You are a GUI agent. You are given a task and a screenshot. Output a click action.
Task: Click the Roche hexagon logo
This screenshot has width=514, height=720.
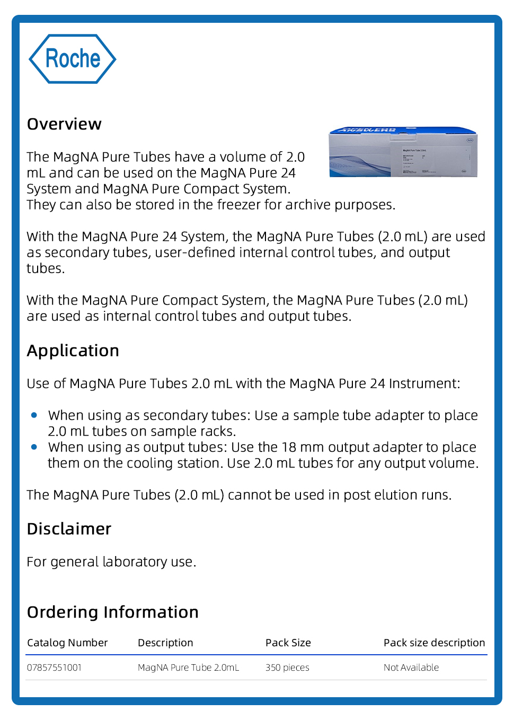72,59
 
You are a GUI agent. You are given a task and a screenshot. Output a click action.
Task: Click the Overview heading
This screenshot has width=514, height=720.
64,124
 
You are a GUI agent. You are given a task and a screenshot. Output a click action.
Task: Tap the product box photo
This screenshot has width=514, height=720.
403,152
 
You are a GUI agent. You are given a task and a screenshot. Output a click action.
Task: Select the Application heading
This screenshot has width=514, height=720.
73,351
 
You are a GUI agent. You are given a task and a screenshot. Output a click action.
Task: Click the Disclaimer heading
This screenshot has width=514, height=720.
69,529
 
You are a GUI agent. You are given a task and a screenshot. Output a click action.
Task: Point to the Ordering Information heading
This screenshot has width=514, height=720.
113,612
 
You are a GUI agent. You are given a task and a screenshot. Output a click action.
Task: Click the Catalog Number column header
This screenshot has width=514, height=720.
67,643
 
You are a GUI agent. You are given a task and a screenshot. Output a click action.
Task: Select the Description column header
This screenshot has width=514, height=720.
165,643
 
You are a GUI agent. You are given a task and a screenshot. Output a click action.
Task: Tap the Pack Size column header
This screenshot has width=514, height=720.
288,643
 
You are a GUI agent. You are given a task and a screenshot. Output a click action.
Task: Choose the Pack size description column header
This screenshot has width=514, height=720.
434,643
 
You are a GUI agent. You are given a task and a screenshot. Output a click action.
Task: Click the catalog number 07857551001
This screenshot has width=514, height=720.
54,667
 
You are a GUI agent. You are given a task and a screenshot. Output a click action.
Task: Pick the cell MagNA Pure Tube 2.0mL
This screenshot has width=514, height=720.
188,667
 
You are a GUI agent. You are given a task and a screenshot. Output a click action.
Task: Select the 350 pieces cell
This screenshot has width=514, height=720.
287,667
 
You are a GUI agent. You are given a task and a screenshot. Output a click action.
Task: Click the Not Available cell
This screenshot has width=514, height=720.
411,667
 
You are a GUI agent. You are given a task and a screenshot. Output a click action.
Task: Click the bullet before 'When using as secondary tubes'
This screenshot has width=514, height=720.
34,415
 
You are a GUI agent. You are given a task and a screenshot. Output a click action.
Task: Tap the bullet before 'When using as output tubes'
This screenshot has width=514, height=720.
34,447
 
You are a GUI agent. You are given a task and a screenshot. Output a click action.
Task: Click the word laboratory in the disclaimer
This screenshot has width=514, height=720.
135,562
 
